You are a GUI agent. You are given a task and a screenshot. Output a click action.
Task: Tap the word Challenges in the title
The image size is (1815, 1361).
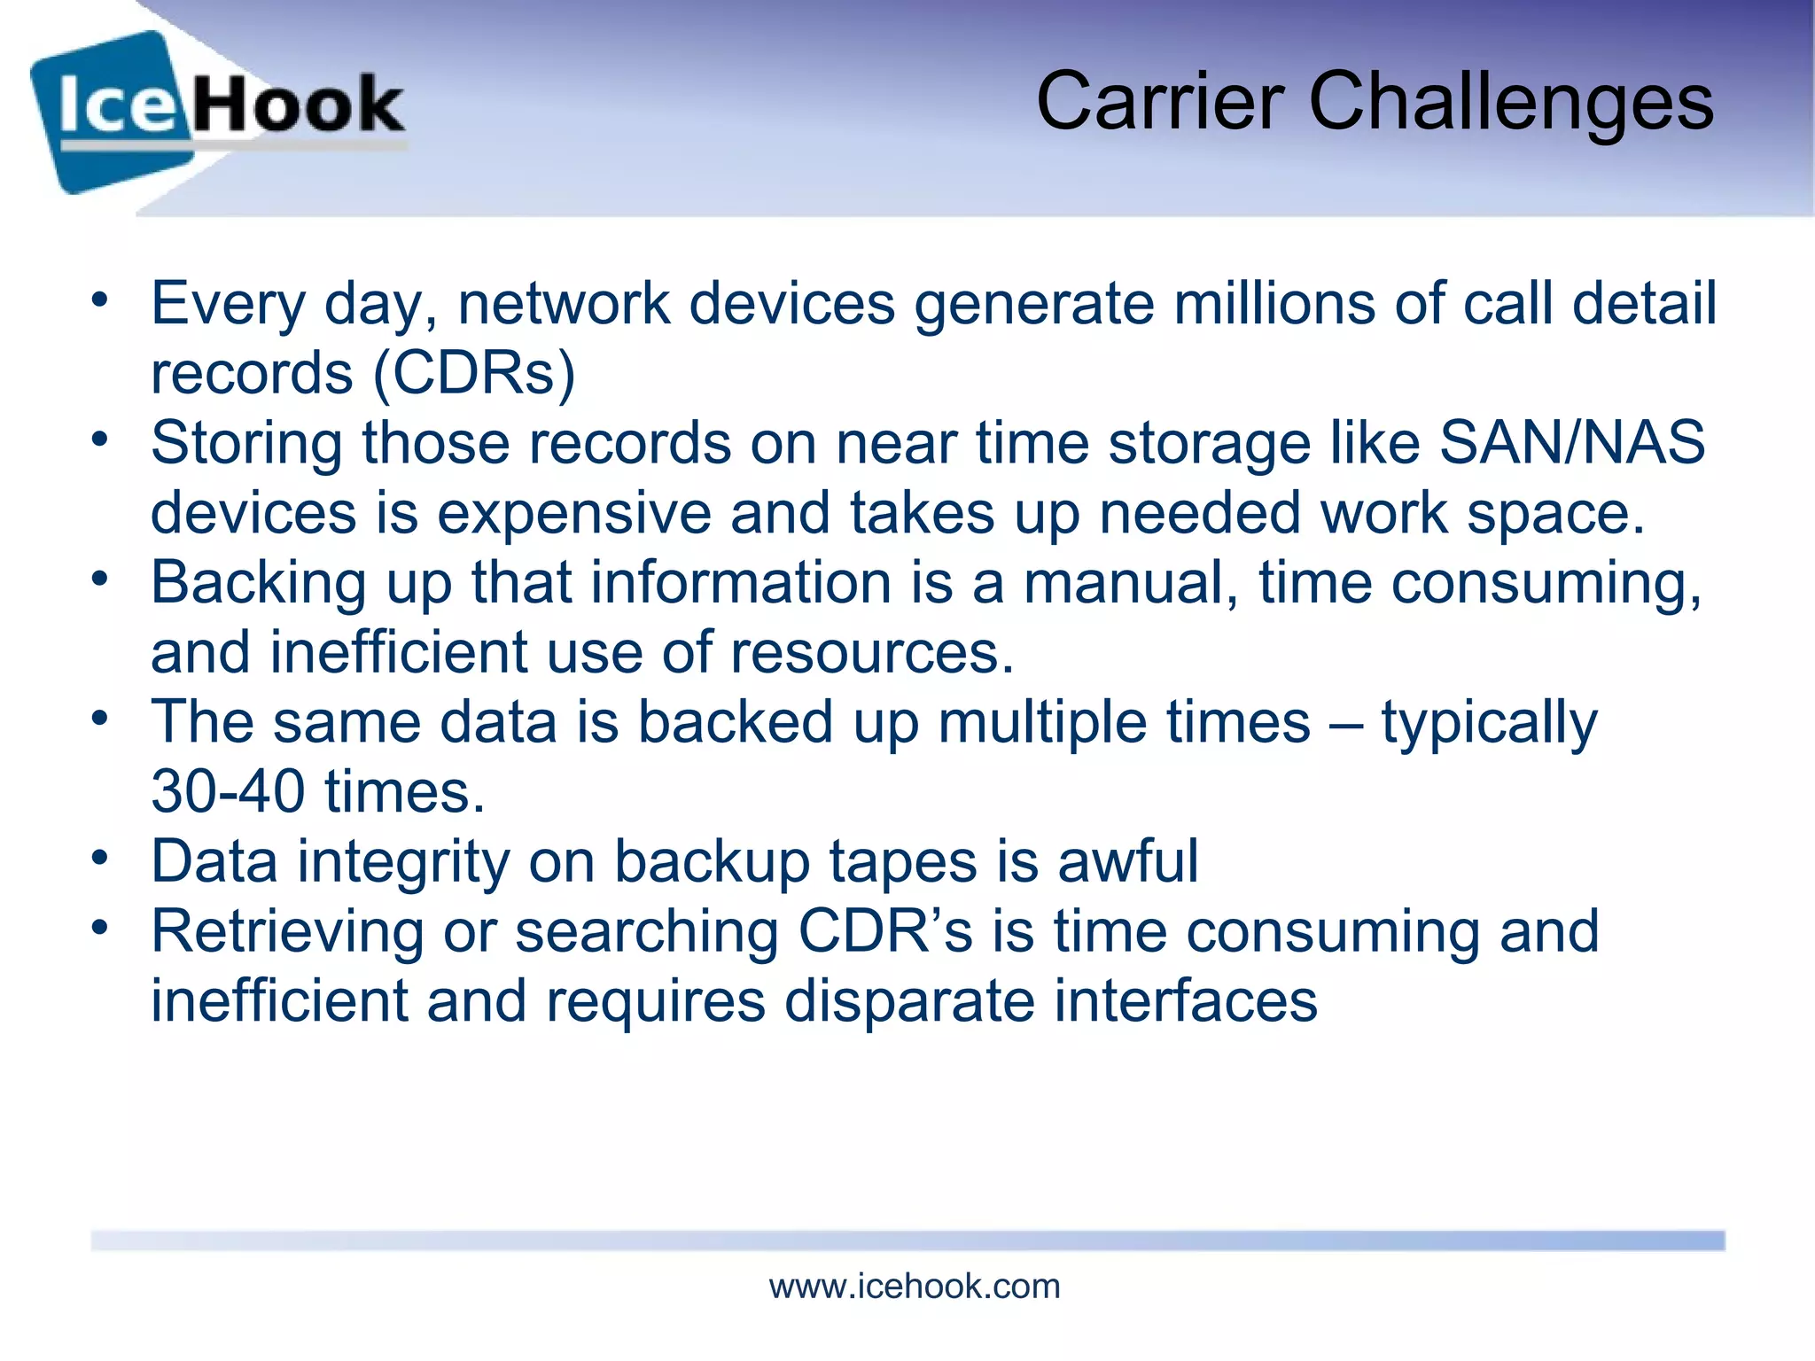pyautogui.click(x=1511, y=105)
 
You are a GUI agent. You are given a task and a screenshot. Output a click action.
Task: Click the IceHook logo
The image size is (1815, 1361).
pyautogui.click(x=217, y=111)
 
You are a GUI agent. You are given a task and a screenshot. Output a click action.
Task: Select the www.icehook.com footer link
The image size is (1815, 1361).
pyautogui.click(x=914, y=1287)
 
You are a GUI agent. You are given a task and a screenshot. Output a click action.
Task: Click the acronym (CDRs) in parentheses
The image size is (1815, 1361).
pyautogui.click(x=474, y=373)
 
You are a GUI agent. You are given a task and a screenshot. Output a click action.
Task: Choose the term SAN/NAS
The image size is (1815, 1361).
pyautogui.click(x=1572, y=442)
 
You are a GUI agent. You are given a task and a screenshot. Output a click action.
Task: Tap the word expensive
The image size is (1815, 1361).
pyautogui.click(x=573, y=514)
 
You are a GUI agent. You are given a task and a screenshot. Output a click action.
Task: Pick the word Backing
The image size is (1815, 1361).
pyautogui.click(x=258, y=584)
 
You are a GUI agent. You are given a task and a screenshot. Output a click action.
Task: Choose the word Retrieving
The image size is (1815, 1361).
pyautogui.click(x=287, y=931)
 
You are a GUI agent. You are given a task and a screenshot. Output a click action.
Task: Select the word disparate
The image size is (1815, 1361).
pyautogui.click(x=909, y=1001)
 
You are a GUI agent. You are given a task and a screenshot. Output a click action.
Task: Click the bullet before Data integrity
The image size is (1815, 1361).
pyautogui.click(x=99, y=858)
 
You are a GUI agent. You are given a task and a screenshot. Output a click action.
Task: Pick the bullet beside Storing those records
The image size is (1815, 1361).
pyautogui.click(x=99, y=439)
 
